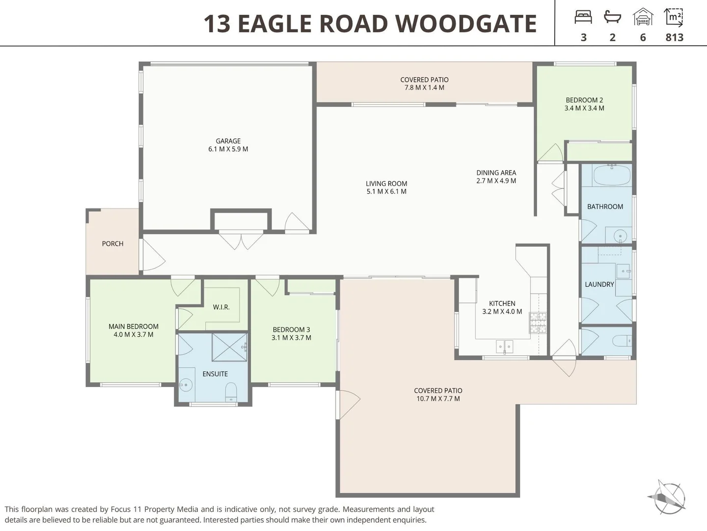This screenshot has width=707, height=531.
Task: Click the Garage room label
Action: pos(228,141)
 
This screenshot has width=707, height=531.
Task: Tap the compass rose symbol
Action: pos(667,497)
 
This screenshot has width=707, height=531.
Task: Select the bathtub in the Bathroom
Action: pos(612,176)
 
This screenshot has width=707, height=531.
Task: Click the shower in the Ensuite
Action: pos(229,347)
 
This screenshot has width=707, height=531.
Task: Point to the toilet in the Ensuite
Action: pos(231,392)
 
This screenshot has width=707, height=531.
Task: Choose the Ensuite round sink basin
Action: pos(186,384)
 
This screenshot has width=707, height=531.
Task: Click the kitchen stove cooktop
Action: pos(538,322)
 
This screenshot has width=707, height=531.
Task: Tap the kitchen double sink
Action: pos(504,347)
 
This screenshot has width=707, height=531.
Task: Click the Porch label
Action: pos(112,244)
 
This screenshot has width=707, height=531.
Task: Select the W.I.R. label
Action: pos(221,307)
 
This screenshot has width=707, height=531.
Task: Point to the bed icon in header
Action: pos(583,18)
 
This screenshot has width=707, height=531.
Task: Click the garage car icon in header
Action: pos(643,18)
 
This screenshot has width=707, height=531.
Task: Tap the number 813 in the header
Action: pos(674,37)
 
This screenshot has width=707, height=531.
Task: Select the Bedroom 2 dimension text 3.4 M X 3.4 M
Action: pos(584,108)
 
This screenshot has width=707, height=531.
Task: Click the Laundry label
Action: pos(599,284)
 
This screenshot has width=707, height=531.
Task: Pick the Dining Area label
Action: pos(496,173)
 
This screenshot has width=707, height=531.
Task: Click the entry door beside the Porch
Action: pos(152,255)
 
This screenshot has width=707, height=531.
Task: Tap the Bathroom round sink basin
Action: pos(621,236)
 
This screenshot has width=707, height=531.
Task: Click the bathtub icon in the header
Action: pos(612,18)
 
